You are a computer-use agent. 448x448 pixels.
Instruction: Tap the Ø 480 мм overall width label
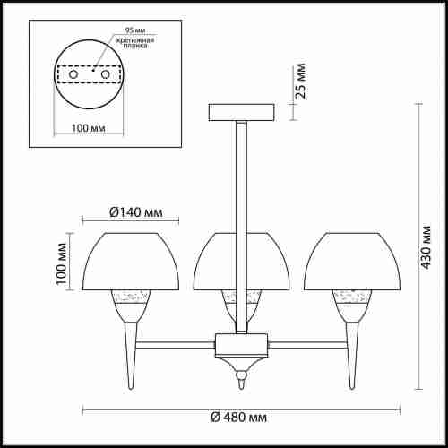[x=239, y=417]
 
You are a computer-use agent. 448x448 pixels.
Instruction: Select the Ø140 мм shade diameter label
[x=136, y=212]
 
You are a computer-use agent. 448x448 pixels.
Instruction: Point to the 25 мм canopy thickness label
[x=301, y=81]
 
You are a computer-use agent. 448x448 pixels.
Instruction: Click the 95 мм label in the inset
[x=135, y=30]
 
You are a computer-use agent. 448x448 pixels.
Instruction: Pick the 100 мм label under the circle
[x=89, y=128]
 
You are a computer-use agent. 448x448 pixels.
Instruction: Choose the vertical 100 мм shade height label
[x=62, y=264]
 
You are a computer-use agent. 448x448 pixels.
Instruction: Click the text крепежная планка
[x=135, y=43]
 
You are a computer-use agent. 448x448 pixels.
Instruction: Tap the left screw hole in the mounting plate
[x=73, y=74]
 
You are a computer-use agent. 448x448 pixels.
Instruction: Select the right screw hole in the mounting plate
[x=105, y=74]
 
